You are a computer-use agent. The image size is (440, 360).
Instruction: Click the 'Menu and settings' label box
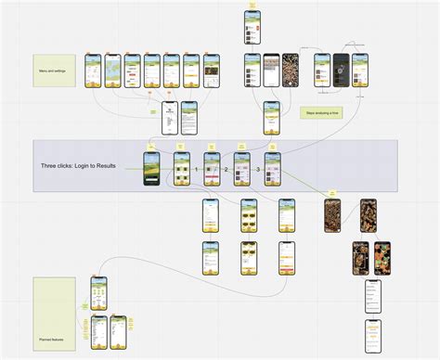[56, 70]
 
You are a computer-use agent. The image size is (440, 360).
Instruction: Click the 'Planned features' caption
[52, 341]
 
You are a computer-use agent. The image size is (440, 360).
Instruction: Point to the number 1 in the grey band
[196, 170]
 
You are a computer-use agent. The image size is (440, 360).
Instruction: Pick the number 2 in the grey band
[226, 170]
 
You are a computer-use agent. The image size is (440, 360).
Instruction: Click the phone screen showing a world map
[112, 71]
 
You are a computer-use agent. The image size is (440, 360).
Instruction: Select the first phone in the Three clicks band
[151, 169]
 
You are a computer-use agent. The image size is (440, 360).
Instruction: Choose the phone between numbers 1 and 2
[212, 169]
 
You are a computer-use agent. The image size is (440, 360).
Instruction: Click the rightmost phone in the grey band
[272, 169]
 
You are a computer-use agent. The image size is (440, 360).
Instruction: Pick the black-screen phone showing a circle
[341, 71]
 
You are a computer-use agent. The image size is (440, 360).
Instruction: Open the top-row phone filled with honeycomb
[291, 71]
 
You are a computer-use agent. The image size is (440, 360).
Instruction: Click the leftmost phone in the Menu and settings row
[93, 71]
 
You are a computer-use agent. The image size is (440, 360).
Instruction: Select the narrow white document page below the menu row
[169, 118]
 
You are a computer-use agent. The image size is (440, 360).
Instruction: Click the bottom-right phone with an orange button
[372, 329]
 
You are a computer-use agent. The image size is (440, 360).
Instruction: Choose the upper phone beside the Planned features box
[98, 293]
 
